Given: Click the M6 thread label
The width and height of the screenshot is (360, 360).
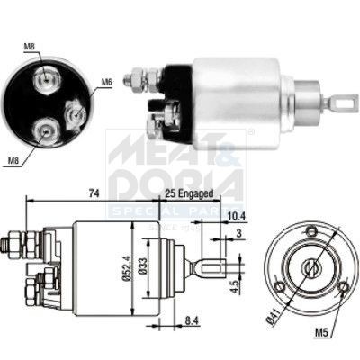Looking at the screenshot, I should pyautogui.click(x=106, y=82).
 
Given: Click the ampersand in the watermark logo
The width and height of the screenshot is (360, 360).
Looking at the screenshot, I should pyautogui.click(x=228, y=152).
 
